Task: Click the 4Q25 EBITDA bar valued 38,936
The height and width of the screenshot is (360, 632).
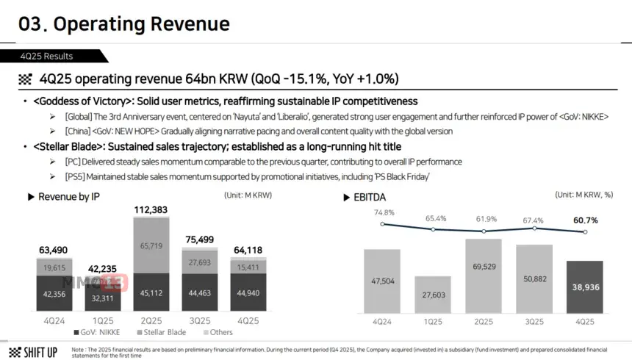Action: pyautogui.click(x=585, y=291)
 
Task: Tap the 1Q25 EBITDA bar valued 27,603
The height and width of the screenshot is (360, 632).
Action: pyautogui.click(x=433, y=298)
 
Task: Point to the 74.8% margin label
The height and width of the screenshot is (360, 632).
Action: pyautogui.click(x=383, y=212)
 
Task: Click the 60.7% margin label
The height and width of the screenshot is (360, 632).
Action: pyautogui.click(x=585, y=220)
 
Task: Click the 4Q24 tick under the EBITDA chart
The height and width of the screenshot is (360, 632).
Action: pyautogui.click(x=383, y=322)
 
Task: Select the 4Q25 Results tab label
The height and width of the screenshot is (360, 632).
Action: pyautogui.click(x=49, y=56)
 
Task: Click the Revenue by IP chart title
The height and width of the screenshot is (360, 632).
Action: pyautogui.click(x=68, y=197)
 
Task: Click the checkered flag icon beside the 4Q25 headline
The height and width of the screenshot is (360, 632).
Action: pyautogui.click(x=26, y=79)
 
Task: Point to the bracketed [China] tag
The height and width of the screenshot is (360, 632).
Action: pyautogui.click(x=82, y=131)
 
